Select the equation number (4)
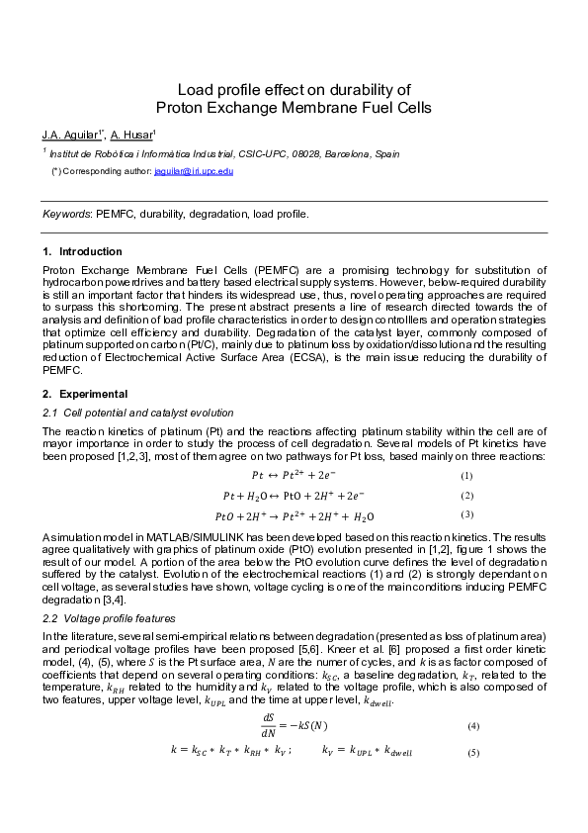[x=473, y=726]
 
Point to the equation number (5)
[x=473, y=752]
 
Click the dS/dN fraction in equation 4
[x=268, y=725]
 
